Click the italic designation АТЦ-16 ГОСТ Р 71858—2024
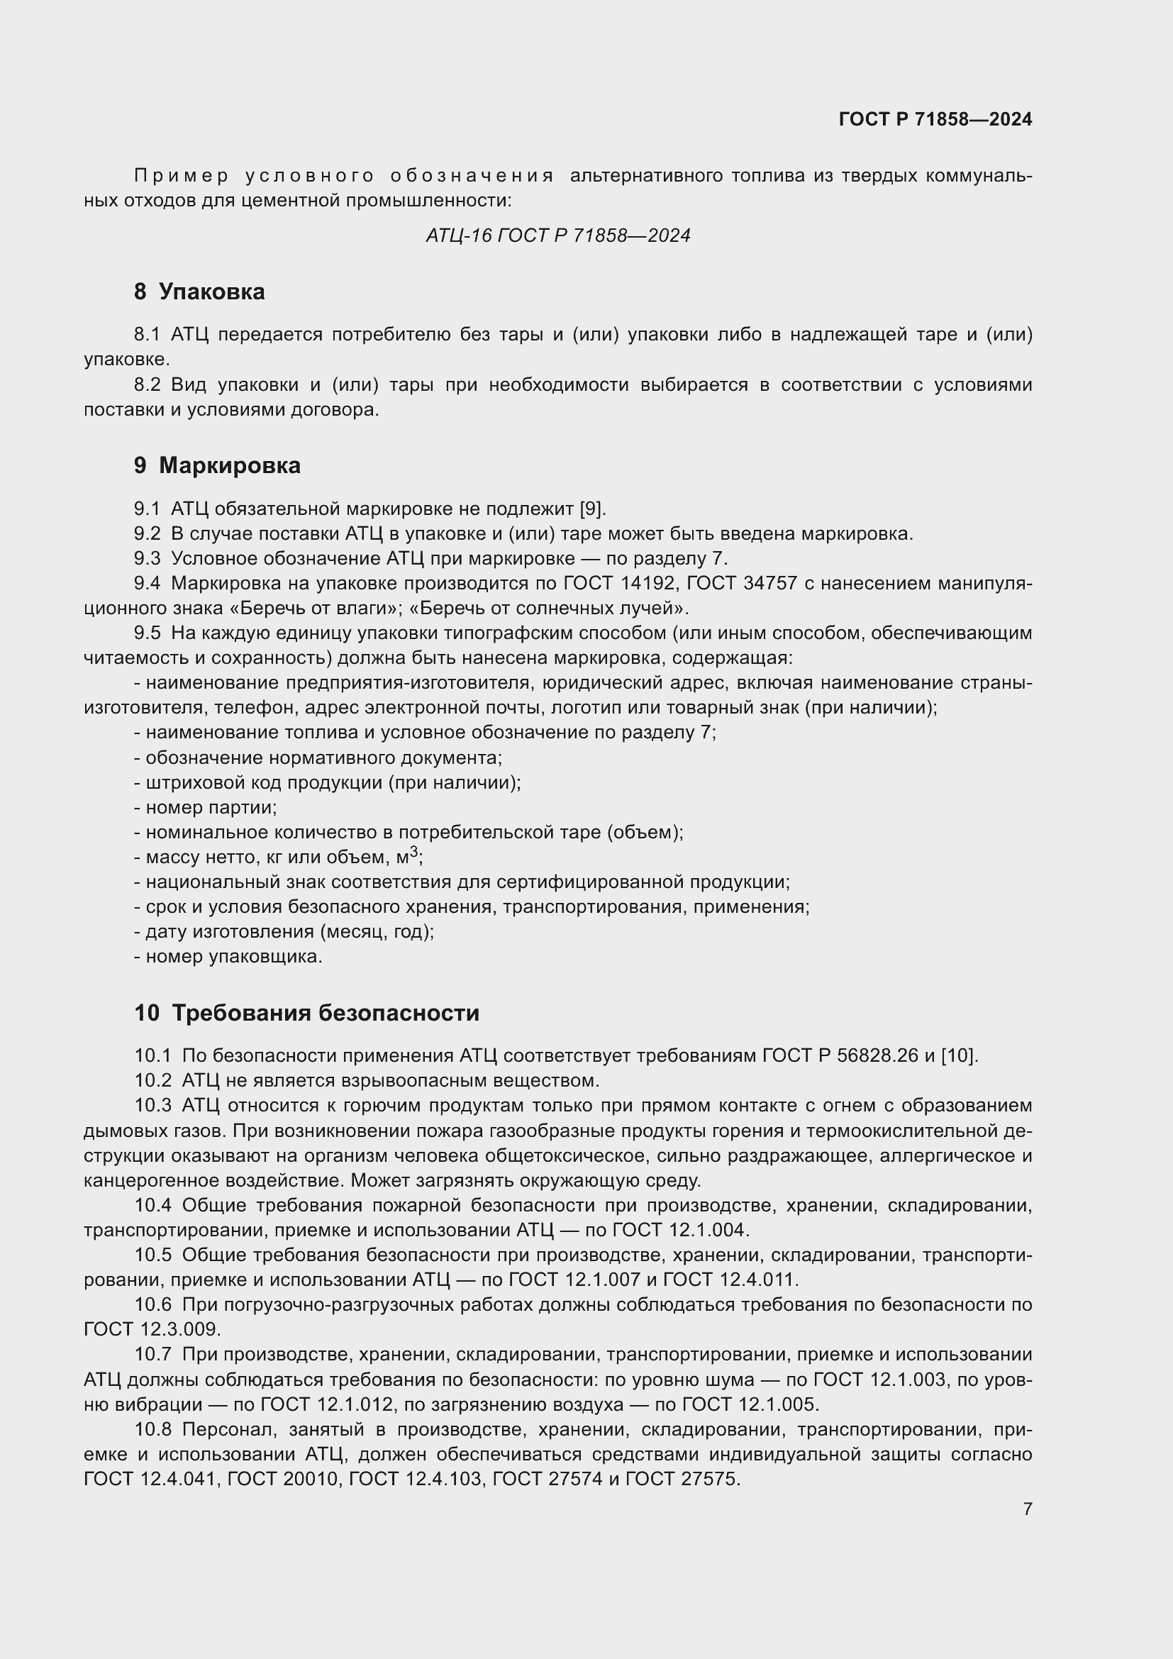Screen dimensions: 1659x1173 tap(557, 235)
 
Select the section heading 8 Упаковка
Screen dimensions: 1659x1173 tap(199, 292)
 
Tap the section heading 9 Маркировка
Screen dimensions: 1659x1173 tap(217, 465)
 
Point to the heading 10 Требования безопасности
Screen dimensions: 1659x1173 tap(306, 1013)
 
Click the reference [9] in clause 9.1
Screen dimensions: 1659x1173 tap(591, 509)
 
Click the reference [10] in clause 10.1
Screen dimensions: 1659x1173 tap(959, 1055)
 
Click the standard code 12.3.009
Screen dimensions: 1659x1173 tap(180, 1329)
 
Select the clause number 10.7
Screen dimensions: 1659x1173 tap(152, 1355)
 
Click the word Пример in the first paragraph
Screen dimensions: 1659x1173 tap(182, 177)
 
